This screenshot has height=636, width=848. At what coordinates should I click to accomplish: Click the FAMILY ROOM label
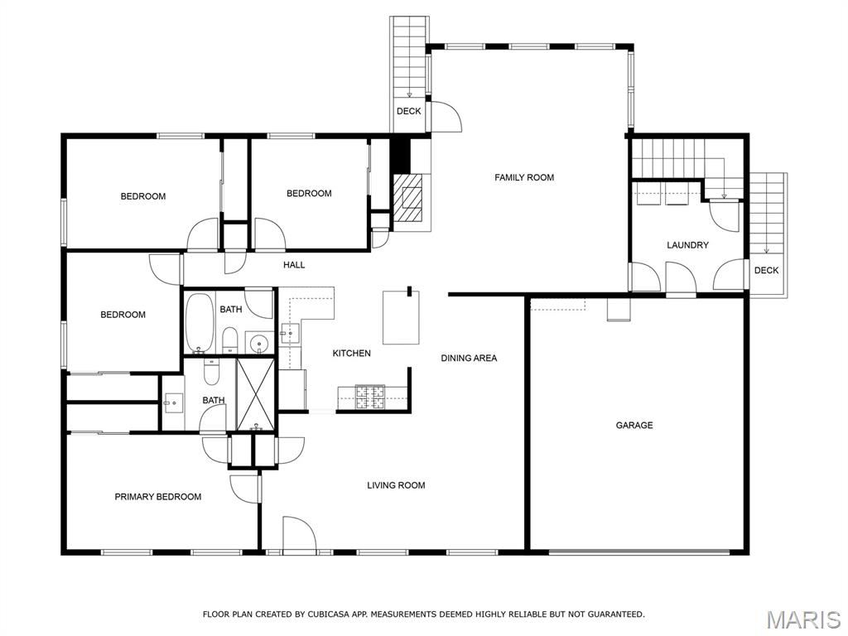(524, 177)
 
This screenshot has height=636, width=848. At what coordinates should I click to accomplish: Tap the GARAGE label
(634, 425)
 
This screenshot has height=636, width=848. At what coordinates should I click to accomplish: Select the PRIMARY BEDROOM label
(157, 497)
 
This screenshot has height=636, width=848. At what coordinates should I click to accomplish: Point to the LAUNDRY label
(687, 245)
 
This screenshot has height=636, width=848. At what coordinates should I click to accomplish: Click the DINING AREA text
(469, 358)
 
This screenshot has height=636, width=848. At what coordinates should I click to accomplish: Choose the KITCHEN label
(351, 354)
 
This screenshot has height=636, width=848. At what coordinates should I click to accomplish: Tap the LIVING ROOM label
(396, 485)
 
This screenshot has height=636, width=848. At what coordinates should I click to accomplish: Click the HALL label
(294, 265)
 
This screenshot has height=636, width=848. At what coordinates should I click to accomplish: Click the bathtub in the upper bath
(200, 321)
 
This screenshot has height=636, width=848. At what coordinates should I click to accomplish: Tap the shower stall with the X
(257, 394)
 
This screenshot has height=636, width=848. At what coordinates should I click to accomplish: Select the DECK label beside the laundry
(766, 270)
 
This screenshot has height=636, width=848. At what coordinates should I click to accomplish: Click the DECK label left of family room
(408, 111)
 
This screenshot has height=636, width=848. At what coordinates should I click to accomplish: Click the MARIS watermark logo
(802, 619)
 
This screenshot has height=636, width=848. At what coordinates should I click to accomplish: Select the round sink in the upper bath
(259, 342)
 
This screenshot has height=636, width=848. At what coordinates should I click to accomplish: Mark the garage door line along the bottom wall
(638, 551)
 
